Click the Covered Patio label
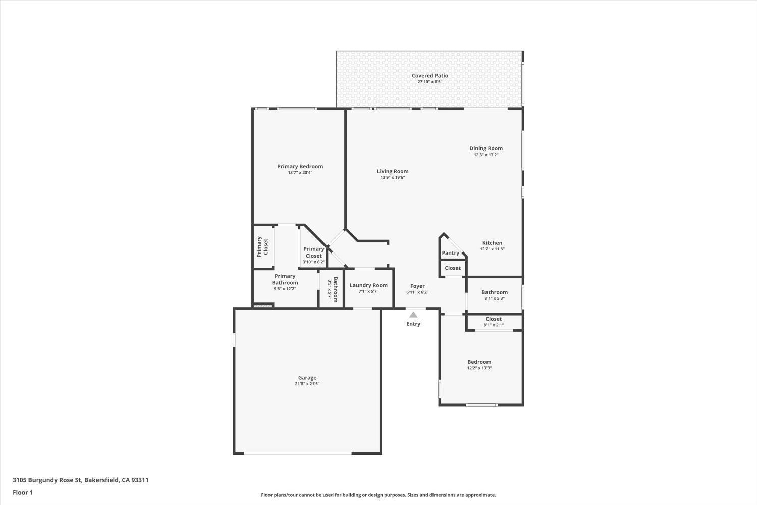(429, 76)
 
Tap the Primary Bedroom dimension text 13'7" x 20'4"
(300, 173)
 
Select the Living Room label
(392, 171)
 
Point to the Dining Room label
(485, 148)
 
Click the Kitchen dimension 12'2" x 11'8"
(492, 249)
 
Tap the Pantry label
(450, 253)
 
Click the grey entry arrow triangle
(413, 315)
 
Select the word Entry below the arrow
(413, 324)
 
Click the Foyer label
(417, 286)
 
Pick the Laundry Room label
(368, 285)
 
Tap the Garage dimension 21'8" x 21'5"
(307, 384)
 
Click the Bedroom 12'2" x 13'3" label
(479, 362)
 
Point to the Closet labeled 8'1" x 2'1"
(493, 319)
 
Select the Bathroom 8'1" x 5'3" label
(494, 292)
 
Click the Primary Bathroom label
(285, 279)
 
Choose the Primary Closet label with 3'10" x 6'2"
(313, 252)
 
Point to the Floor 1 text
(23, 492)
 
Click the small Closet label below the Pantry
(452, 268)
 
